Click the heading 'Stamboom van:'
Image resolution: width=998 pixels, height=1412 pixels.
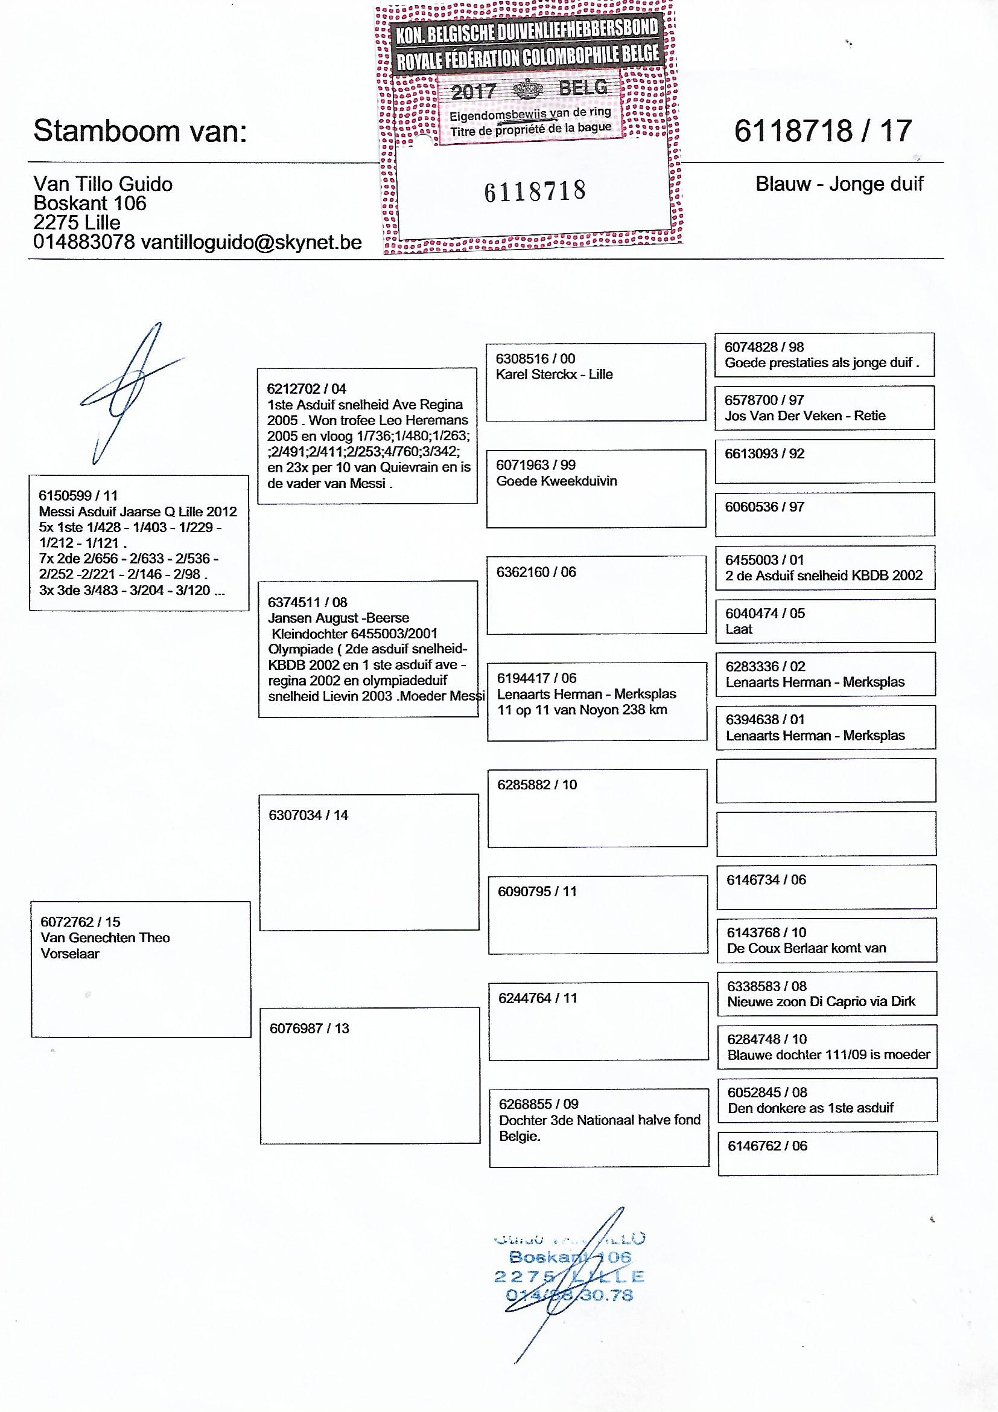tap(140, 131)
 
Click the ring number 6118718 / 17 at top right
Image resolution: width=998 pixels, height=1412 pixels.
tap(823, 131)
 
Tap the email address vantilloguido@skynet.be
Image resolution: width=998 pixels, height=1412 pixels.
tap(251, 242)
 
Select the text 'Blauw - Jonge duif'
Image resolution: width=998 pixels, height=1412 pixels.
tap(839, 184)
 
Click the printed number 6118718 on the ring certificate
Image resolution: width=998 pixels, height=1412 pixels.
tap(535, 191)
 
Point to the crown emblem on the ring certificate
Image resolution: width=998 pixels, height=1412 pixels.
tap(528, 90)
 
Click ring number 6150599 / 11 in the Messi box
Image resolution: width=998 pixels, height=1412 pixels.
tap(78, 496)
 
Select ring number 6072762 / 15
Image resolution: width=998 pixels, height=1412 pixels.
tap(80, 922)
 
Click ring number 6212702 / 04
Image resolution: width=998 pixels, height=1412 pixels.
tap(307, 389)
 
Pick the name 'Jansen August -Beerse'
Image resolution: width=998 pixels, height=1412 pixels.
tap(338, 618)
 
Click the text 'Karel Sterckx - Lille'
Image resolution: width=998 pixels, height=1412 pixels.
tap(555, 374)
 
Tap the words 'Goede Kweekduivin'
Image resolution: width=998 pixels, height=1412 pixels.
tap(556, 481)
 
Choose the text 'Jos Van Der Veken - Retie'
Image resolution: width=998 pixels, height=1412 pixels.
tap(805, 416)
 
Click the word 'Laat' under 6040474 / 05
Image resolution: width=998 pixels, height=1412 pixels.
tap(739, 629)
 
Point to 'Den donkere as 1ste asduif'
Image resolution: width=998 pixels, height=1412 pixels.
tap(810, 1108)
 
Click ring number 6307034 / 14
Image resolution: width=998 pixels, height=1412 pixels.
tap(308, 815)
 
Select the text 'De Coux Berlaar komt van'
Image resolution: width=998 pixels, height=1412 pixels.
tap(806, 948)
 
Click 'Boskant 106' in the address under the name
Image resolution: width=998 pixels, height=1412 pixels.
tap(90, 204)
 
